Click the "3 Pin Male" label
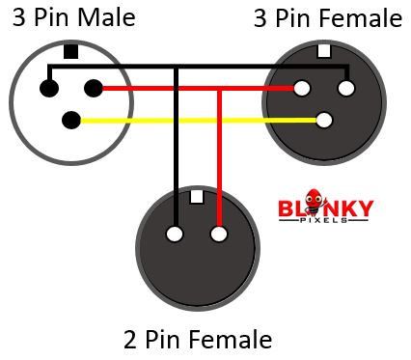pos(74,18)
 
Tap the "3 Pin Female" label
pos(327,18)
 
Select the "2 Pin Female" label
pos(198,340)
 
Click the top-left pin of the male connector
pos(48,89)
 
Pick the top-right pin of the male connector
pos(94,89)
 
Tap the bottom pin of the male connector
pos(70,121)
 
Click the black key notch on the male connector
pos(70,51)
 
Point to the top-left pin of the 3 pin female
pos(302,89)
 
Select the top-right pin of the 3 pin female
pos(346,89)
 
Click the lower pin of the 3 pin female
pos(324,121)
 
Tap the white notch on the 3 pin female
pos(324,50)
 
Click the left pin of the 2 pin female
pos(175,234)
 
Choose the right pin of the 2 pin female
pos(219,234)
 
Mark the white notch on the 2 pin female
pos(197,196)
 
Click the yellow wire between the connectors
pos(193,121)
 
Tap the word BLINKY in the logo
pos(325,208)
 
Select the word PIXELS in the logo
pos(325,222)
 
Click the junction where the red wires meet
pos(220,89)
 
